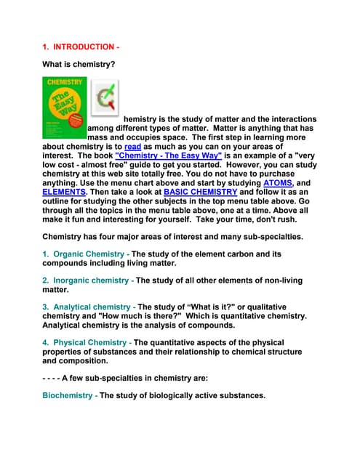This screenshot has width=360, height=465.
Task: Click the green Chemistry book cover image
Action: tap(64, 108)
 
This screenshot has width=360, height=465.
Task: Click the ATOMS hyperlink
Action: tap(279, 183)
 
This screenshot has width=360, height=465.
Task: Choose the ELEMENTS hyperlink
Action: tap(63, 193)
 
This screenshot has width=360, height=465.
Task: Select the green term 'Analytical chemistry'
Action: tap(92, 307)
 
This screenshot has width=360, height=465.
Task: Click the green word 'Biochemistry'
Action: tap(68, 396)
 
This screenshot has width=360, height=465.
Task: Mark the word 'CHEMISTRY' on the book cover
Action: tap(64, 82)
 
